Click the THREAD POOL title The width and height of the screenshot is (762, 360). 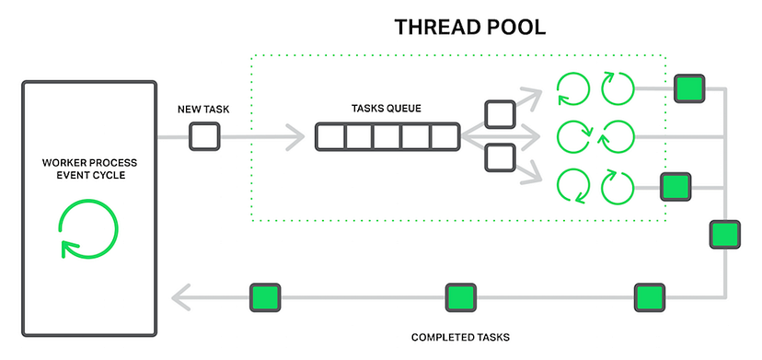pos(470,26)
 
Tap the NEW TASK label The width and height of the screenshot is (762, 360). pos(203,110)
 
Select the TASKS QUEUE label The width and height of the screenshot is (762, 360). pos(387,108)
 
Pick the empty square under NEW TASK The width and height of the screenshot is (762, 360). pos(204,137)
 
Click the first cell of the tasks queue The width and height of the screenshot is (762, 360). pos(329,137)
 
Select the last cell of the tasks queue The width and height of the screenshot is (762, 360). pos(444,137)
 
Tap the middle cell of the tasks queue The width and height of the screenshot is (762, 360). pos(387,137)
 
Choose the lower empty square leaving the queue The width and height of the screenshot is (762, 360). pos(500,157)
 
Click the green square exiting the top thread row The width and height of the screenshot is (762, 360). pos(688,89)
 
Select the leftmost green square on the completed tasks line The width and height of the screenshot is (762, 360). pos(265,297)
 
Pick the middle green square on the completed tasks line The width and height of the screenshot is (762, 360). pos(460,297)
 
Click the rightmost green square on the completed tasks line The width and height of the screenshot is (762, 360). pos(649,297)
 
